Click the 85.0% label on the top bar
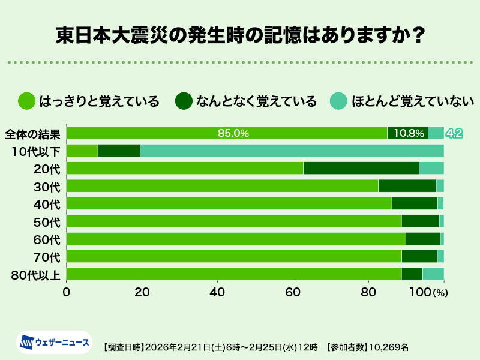pyautogui.click(x=233, y=133)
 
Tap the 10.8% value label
pyautogui.click(x=407, y=133)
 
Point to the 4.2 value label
pyautogui.click(x=454, y=133)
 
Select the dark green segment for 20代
pyautogui.click(x=361, y=168)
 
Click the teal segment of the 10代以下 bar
pyautogui.click(x=292, y=151)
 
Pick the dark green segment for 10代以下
pyautogui.click(x=119, y=151)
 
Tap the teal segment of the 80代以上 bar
pyautogui.click(x=433, y=274)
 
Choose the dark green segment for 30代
pyautogui.click(x=407, y=186)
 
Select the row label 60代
pyautogui.click(x=46, y=239)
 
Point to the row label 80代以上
pyautogui.click(x=36, y=275)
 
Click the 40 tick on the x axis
pyautogui.click(x=217, y=292)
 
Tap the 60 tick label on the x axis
pyautogui.click(x=293, y=292)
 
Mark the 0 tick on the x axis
pyautogui.click(x=67, y=292)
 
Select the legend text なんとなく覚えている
pyautogui.click(x=256, y=101)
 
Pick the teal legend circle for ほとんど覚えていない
pyautogui.click(x=339, y=101)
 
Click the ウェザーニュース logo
pyautogui.click(x=54, y=342)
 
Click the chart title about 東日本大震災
pyautogui.click(x=240, y=35)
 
